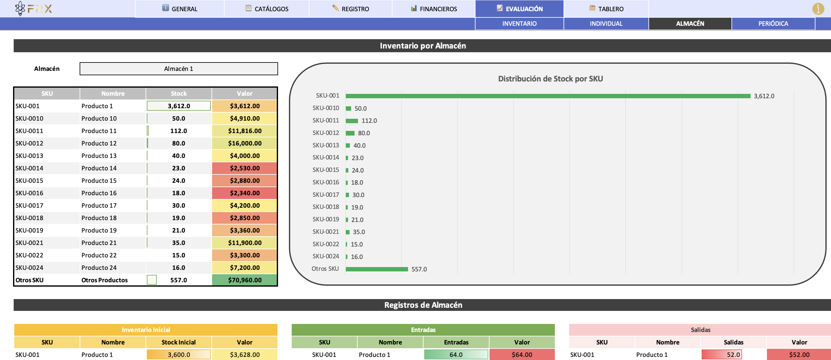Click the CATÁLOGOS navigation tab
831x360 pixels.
tap(267, 9)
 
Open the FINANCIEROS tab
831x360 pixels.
tap(434, 9)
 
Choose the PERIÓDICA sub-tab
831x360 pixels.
tap(773, 24)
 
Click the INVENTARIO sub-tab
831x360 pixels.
tap(519, 24)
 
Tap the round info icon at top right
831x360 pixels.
tap(818, 9)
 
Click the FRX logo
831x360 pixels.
tap(34, 9)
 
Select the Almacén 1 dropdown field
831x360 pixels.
tap(179, 69)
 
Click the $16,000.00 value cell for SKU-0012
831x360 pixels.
tap(244, 143)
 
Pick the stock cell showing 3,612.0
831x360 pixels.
tap(179, 106)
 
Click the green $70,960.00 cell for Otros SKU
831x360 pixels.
tap(244, 280)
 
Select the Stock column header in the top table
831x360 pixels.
tap(179, 94)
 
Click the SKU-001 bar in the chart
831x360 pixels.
tap(548, 96)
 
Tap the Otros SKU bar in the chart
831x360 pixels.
tap(377, 269)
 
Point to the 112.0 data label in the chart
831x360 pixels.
tap(369, 121)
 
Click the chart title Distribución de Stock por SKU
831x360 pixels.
tap(550, 79)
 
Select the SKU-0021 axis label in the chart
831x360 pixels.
tap(326, 232)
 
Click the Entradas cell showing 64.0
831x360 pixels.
tap(456, 354)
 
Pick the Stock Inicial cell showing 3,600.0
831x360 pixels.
tap(179, 354)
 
